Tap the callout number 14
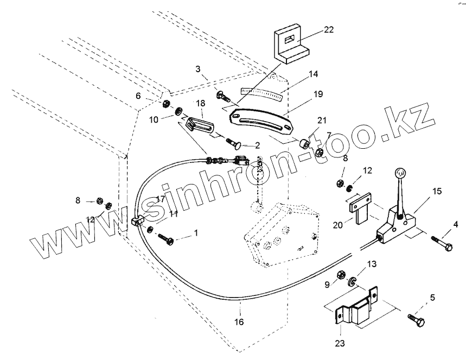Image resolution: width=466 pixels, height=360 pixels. pyautogui.click(x=314, y=74)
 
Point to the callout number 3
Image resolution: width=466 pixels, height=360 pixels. pyautogui.click(x=198, y=69)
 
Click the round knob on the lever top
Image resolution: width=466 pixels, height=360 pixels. pyautogui.click(x=400, y=173)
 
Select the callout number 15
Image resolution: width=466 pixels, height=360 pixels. pyautogui.click(x=437, y=191)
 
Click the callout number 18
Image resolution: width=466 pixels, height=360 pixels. pyautogui.click(x=200, y=103)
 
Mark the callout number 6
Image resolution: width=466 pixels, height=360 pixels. pyautogui.click(x=138, y=96)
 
